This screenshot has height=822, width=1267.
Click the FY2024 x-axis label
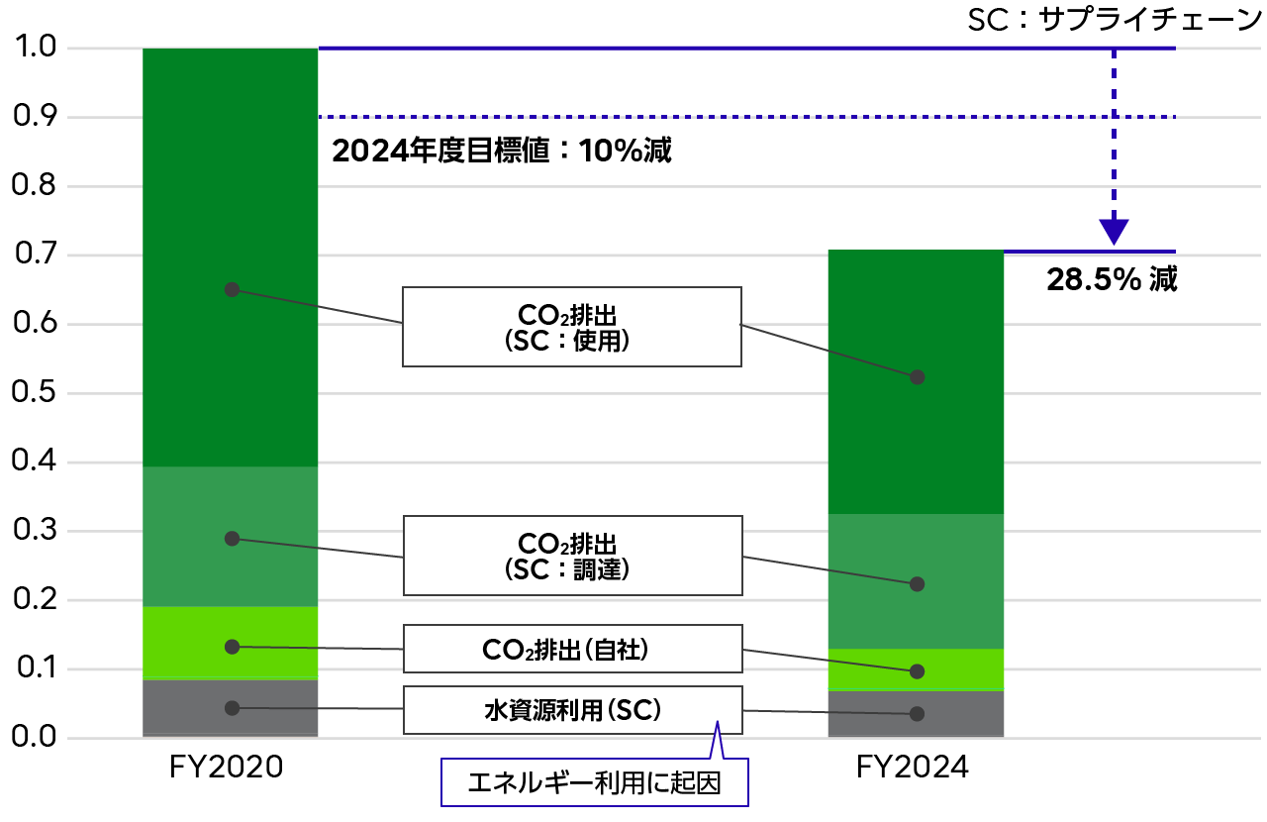pyautogui.click(x=912, y=768)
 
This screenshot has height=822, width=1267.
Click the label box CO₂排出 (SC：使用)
pyautogui.click(x=571, y=327)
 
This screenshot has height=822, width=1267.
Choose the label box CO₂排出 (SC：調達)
pyautogui.click(x=571, y=556)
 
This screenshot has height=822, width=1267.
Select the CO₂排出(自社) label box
pyautogui.click(x=571, y=650)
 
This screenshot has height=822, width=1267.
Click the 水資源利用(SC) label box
pyautogui.click(x=571, y=710)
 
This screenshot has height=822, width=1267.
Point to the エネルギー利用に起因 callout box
pyautogui.click(x=594, y=783)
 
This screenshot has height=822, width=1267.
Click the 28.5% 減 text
pyautogui.click(x=1112, y=280)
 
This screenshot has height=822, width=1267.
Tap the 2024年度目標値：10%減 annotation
pyautogui.click(x=502, y=152)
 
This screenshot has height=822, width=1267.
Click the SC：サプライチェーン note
pyautogui.click(x=1116, y=21)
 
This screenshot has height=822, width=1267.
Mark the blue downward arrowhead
pyautogui.click(x=1115, y=232)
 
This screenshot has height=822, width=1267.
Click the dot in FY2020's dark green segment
pyautogui.click(x=232, y=289)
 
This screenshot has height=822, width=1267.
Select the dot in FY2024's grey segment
pyautogui.click(x=917, y=713)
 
